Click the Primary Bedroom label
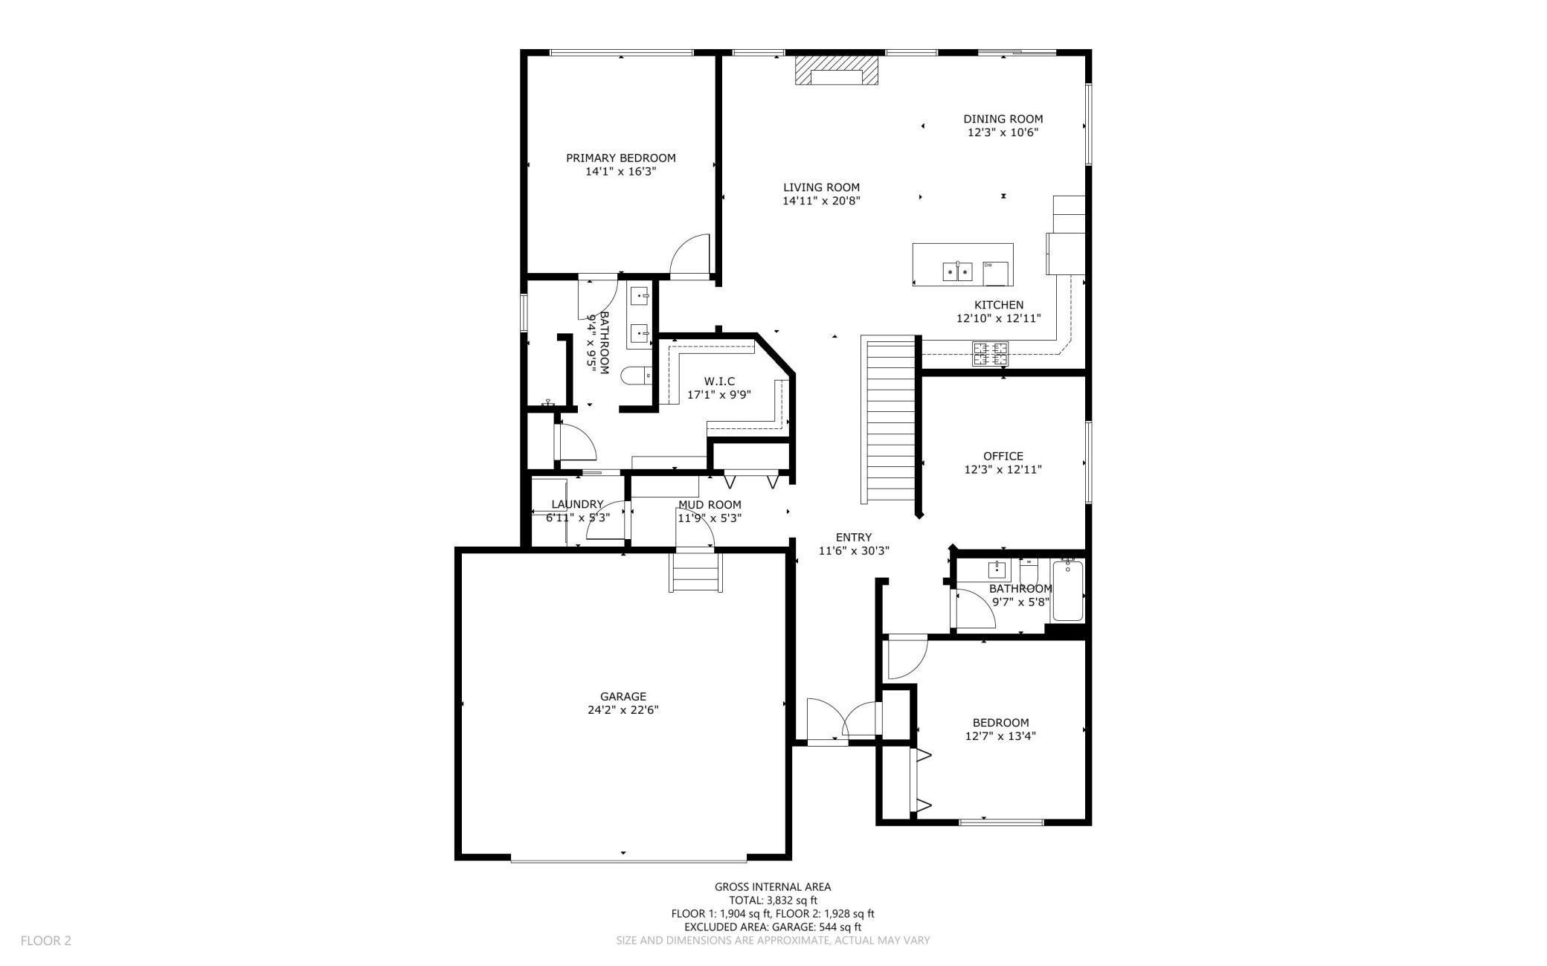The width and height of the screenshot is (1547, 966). point(620,158)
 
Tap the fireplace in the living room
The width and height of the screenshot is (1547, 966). point(836,71)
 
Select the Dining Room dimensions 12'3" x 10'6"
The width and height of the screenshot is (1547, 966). point(1003,132)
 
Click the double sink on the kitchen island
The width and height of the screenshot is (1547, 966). point(958,271)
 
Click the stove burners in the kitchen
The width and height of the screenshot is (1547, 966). point(990,353)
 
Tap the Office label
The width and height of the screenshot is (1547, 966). point(1003,456)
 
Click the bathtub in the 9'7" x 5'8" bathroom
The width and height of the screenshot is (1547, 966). point(1068,591)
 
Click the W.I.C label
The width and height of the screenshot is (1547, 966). point(719,381)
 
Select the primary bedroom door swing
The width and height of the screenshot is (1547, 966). point(690,257)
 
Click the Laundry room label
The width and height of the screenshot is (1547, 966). point(577,504)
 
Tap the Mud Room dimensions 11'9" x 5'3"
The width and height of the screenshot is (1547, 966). point(709,518)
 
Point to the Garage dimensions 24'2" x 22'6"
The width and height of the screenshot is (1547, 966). point(623,709)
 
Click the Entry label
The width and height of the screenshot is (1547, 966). point(853,537)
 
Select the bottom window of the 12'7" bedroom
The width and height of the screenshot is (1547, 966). point(1001,822)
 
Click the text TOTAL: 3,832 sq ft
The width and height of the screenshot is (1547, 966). point(773,900)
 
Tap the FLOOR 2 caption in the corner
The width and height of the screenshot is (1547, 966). point(46,941)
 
